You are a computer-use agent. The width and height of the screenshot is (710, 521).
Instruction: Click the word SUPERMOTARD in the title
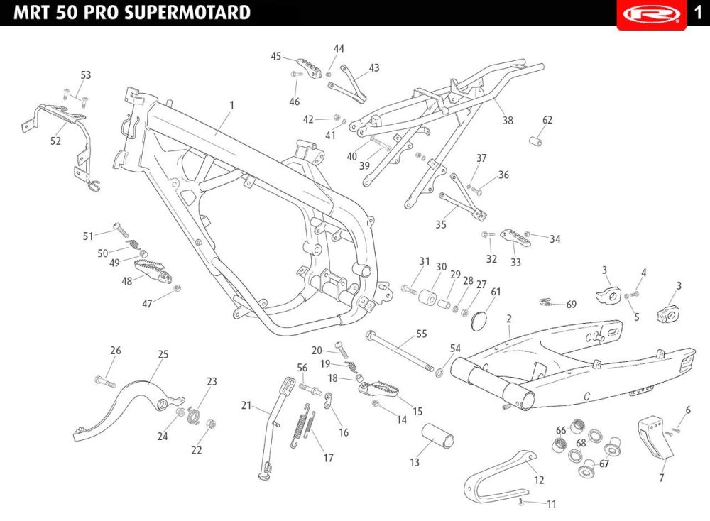pos(187,12)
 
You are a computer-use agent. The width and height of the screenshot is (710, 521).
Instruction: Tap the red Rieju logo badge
pos(651,14)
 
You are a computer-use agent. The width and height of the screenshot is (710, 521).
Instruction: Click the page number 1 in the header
pos(698,12)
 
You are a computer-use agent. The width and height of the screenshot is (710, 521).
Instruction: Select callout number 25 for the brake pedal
pos(163,354)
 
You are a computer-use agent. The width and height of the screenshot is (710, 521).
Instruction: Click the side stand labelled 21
pos(274,425)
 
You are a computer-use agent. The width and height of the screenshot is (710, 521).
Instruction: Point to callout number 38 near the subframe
pos(508,121)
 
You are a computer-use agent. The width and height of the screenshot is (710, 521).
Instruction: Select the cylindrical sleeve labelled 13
pos(438,435)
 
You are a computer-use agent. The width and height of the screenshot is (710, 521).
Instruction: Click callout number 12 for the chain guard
pos(539,480)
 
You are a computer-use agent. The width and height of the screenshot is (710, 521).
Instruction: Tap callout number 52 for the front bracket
pos(55,141)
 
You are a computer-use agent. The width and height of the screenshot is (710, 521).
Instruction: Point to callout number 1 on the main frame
pos(232,105)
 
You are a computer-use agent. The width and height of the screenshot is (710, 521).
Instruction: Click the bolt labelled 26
pos(105,381)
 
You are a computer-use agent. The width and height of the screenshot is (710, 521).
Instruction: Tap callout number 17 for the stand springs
pos(328,458)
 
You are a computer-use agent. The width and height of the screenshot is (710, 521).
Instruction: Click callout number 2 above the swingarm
pos(509,319)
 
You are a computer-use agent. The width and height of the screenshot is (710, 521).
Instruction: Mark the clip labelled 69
pos(547,302)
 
